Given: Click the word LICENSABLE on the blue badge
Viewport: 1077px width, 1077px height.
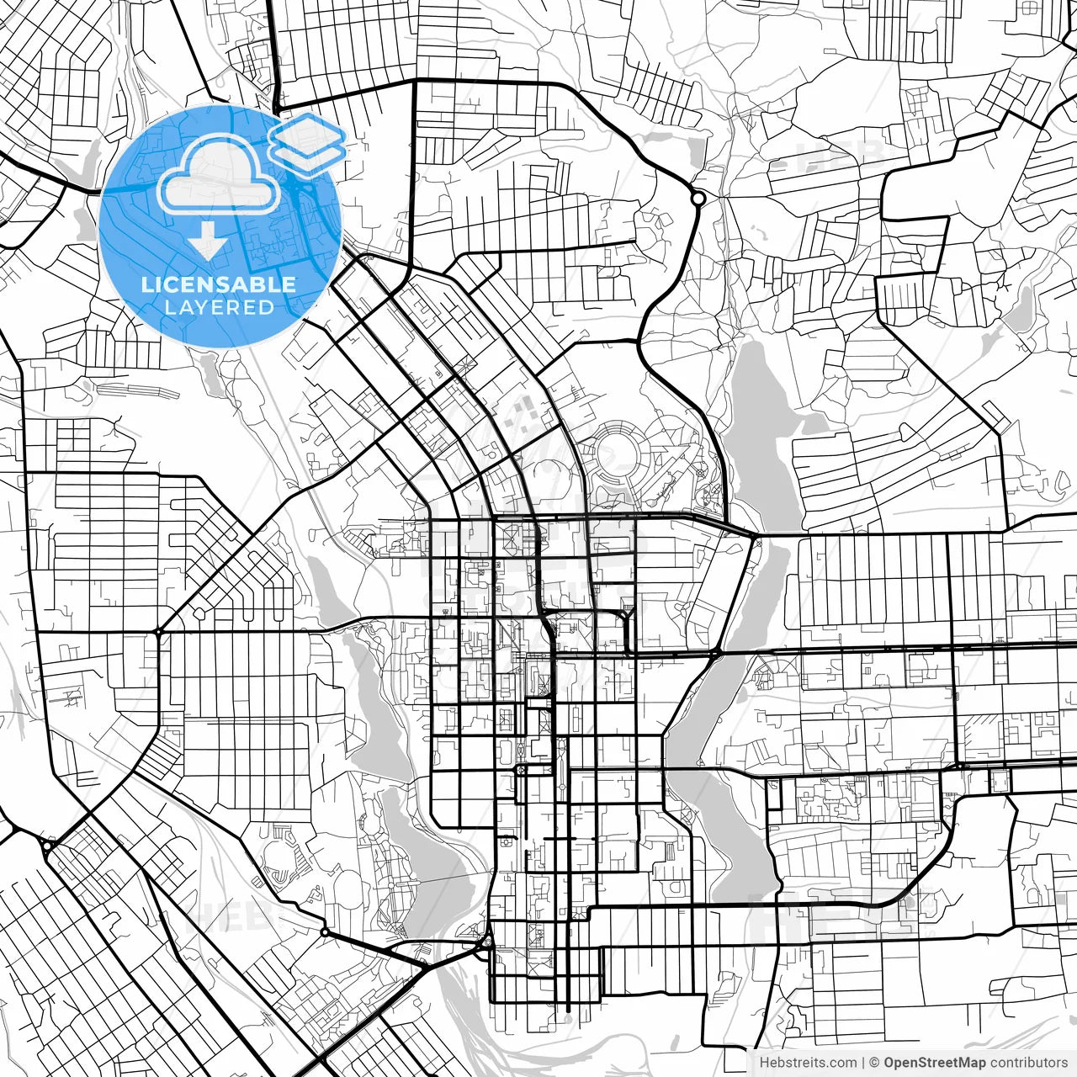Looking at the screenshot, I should click(219, 284).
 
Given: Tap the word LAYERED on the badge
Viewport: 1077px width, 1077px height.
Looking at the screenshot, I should click(219, 307).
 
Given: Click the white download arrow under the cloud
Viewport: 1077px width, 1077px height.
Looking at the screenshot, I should click(207, 240).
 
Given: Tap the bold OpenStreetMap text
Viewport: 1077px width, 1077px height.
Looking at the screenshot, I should click(935, 1063).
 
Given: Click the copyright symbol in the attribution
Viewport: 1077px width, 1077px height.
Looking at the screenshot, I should click(874, 1063).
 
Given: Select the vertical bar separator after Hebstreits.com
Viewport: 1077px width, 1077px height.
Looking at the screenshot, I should click(864, 1063).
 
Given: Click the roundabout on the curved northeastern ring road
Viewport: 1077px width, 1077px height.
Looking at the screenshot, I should click(698, 199).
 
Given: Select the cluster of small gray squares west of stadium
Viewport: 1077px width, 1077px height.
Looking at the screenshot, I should click(523, 415).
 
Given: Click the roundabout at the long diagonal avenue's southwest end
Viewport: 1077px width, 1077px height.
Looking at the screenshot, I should click(157, 631).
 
